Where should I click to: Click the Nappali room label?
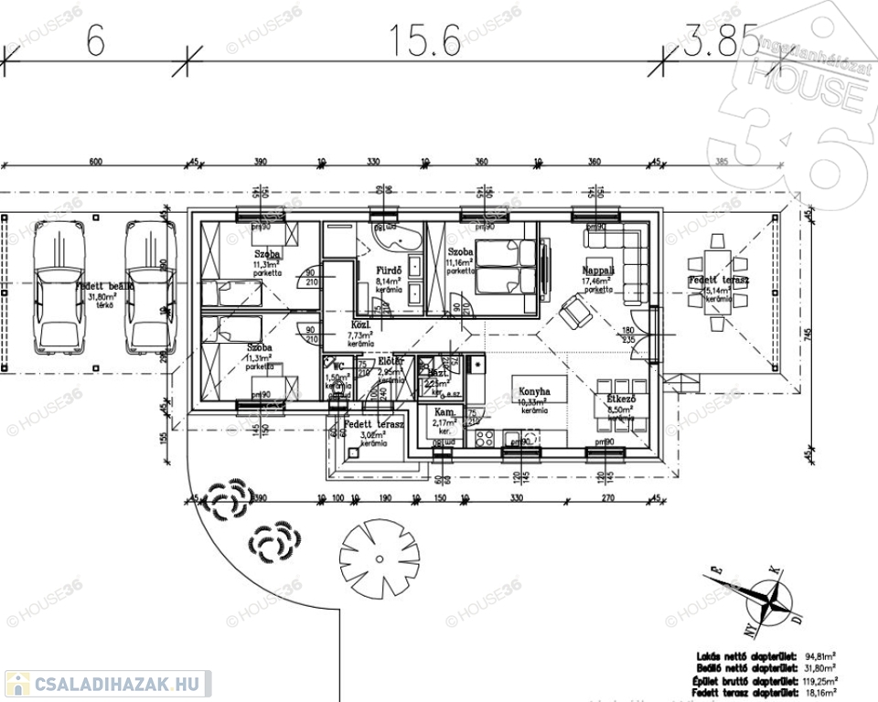pos(598,272)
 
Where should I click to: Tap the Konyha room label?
pos(534,390)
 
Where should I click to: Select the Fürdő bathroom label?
pos(391,271)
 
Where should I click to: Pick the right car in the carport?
pos(148,285)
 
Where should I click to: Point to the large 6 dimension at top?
pos(95,40)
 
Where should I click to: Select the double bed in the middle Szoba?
pos(504,265)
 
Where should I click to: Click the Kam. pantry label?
pos(444,413)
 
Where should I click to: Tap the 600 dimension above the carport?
pos(95,162)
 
